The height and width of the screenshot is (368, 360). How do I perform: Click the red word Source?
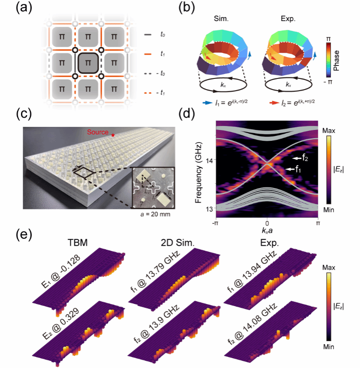(x=98, y=132)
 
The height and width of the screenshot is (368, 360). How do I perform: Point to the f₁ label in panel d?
(x=297, y=169)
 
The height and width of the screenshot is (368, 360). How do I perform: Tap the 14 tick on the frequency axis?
(x=210, y=160)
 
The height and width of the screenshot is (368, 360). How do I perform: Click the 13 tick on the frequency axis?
(x=210, y=209)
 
